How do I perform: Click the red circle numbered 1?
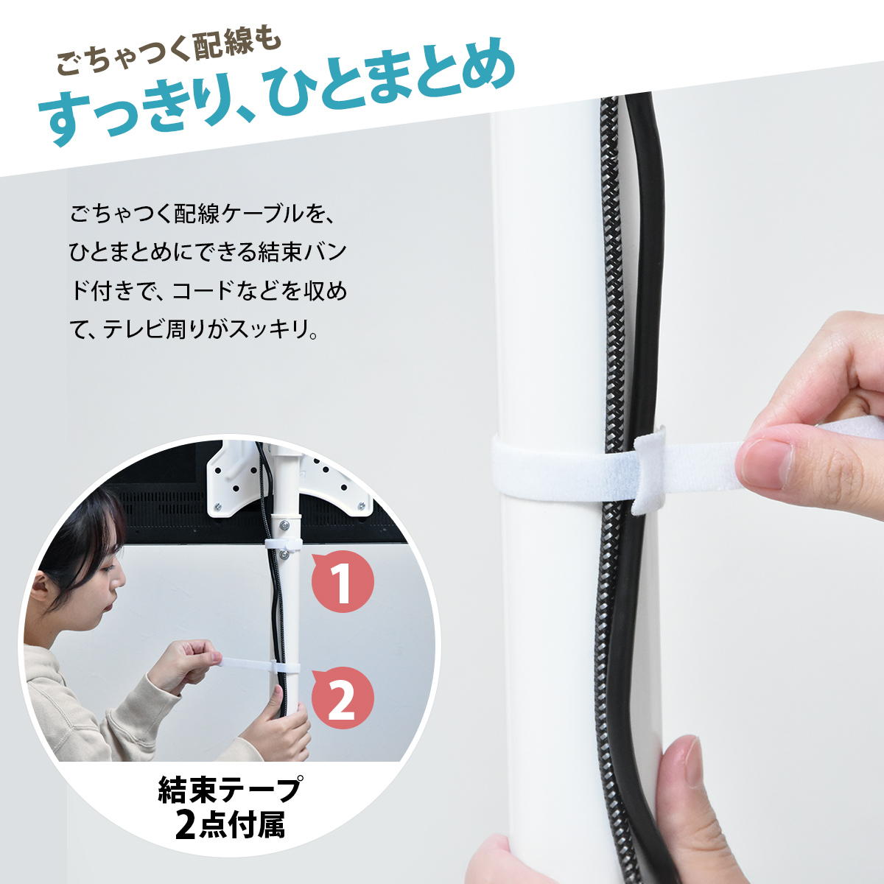tap(343, 582)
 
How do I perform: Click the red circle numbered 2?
tap(343, 698)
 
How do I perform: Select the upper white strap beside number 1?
tap(283, 544)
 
